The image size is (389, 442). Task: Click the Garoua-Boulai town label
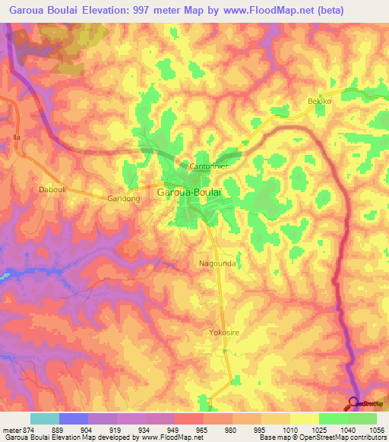(189, 193)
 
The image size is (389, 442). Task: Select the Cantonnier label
(207, 166)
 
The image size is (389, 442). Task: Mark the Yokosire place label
(224, 333)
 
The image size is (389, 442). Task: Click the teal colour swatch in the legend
(45, 418)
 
